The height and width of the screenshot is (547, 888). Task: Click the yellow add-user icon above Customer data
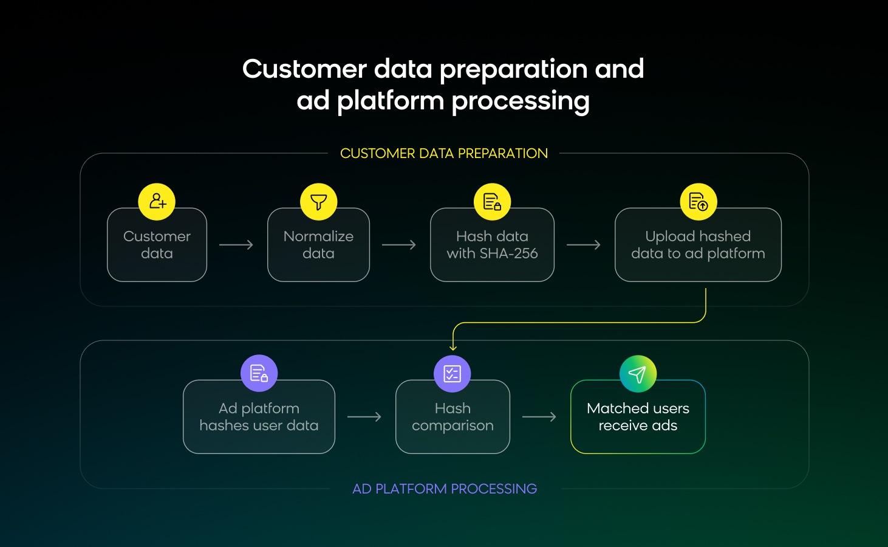pos(157,201)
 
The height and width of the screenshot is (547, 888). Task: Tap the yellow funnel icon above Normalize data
pos(319,201)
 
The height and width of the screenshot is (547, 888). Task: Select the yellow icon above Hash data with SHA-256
pos(492,201)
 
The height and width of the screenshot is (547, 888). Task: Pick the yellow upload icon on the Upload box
pos(698,201)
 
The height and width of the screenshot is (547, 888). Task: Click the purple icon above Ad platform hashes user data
pos(259,373)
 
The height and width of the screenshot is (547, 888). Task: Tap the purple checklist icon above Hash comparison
pos(453,373)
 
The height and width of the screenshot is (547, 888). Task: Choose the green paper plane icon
pos(638,374)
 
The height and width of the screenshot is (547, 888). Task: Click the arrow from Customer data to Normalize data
pos(236,245)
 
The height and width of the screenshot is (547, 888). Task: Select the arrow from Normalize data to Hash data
pos(399,245)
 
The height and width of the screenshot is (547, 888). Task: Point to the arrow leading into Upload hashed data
pos(584,245)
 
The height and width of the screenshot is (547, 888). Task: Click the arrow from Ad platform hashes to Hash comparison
pos(364,417)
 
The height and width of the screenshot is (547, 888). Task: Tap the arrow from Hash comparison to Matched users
pos(539,417)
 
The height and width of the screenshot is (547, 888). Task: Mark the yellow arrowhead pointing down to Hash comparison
pos(453,347)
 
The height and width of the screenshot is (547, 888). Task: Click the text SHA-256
pos(509,253)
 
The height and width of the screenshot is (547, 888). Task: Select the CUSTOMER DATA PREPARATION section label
pos(444,153)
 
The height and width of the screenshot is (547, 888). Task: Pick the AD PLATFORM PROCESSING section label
pos(445,489)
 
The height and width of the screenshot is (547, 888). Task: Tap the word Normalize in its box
pos(318,236)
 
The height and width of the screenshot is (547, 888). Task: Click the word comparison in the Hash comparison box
pos(453,425)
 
